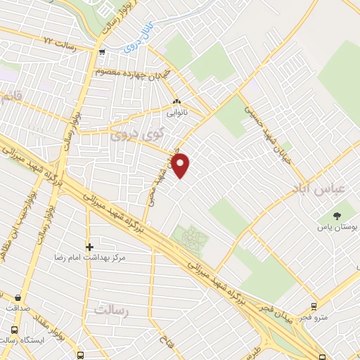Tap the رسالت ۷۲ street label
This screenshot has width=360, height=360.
tap(58, 42)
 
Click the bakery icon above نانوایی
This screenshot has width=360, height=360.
tap(176, 101)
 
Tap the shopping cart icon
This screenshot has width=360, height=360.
tap(103, 51)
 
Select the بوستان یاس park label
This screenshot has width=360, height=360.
tap(337, 229)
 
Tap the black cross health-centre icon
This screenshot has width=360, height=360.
tap(89, 247)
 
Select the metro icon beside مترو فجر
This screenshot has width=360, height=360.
tap(313, 306)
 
